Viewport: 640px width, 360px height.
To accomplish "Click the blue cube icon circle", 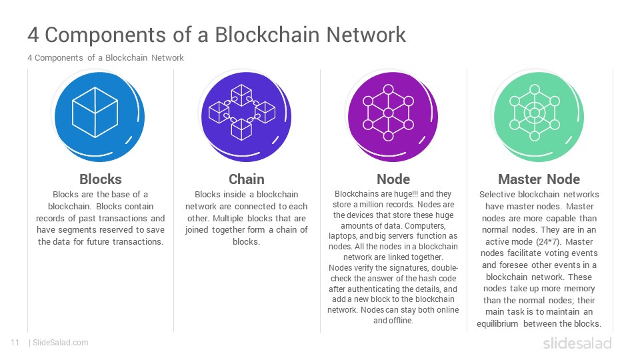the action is point(99,117).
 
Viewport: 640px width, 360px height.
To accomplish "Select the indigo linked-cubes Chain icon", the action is point(246,117).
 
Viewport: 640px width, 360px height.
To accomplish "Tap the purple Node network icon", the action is point(393,117).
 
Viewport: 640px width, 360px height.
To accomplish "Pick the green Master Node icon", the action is point(539,117).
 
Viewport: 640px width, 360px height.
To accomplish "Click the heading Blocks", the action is point(101,179).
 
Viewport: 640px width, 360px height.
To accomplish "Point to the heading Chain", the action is point(247,179).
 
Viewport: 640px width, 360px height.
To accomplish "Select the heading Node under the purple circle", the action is point(393,179).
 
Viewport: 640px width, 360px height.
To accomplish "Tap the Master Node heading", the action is point(539,179).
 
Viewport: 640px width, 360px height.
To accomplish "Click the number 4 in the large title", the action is point(33,35).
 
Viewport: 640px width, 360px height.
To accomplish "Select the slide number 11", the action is point(15,343).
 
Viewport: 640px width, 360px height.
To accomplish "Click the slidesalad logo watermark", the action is point(577,343).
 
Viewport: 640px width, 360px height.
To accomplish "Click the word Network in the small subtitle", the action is point(167,58).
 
